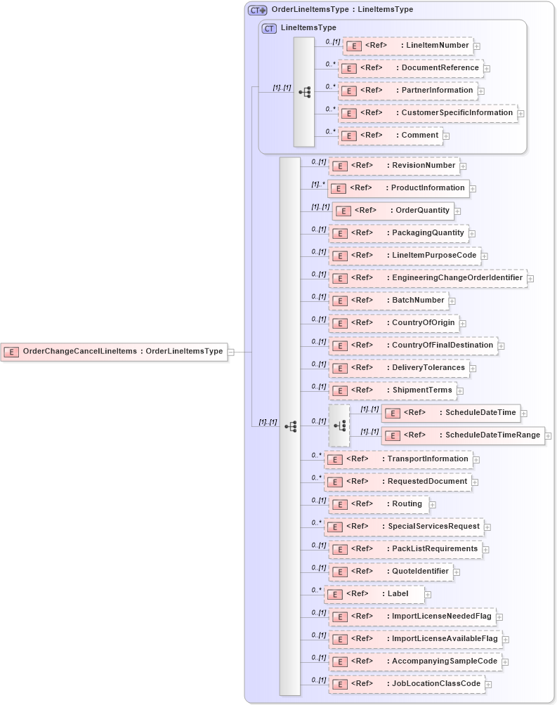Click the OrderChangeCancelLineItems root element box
pyautogui.click(x=114, y=351)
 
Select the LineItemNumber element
pyautogui.click(x=407, y=46)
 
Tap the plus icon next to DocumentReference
pyautogui.click(x=487, y=69)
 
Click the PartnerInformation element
pyautogui.click(x=407, y=91)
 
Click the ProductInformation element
pyautogui.click(x=398, y=188)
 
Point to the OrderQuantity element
pyautogui.click(x=393, y=211)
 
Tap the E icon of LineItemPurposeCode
pyautogui.click(x=340, y=256)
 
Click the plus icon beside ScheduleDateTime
pyautogui.click(x=524, y=414)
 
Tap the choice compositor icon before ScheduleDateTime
pyautogui.click(x=339, y=426)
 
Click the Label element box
pyautogui.click(x=374, y=594)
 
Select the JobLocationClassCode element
pyautogui.click(x=407, y=684)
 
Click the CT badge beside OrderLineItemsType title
pyautogui.click(x=258, y=11)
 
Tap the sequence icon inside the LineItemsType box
pyautogui.click(x=304, y=92)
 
